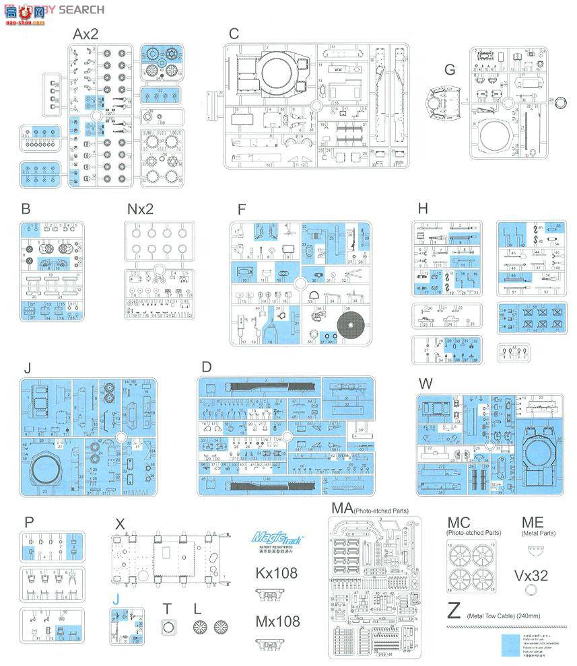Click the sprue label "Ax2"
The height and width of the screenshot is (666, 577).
(x=86, y=34)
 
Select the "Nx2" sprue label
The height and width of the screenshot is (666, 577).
(x=140, y=209)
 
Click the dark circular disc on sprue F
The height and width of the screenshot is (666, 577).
(x=351, y=326)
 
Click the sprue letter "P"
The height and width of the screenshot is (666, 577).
(x=28, y=522)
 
